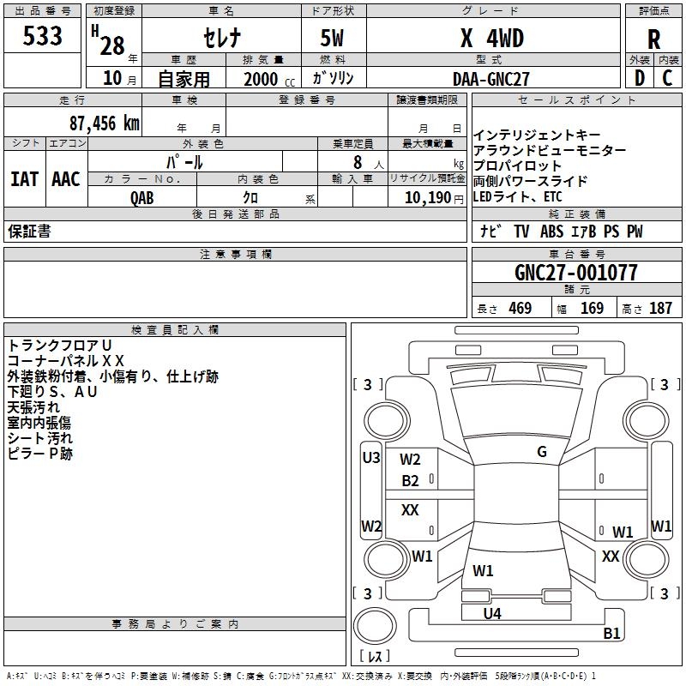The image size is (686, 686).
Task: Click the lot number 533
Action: pyautogui.click(x=43, y=37)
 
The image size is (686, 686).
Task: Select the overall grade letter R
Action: pyautogui.click(x=654, y=39)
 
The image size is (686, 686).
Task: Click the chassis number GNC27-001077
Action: pyautogui.click(x=575, y=273)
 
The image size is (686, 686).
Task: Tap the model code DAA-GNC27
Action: pyautogui.click(x=491, y=79)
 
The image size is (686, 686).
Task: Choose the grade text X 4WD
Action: pyautogui.click(x=491, y=39)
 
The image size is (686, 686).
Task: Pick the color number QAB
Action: pyautogui.click(x=142, y=198)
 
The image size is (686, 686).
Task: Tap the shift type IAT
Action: pyautogui.click(x=24, y=179)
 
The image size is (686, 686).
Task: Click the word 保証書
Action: pyautogui.click(x=29, y=232)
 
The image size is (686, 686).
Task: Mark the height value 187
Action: pyautogui.click(x=660, y=309)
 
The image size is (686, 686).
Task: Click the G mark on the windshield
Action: pyautogui.click(x=541, y=452)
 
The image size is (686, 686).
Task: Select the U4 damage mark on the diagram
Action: pyautogui.click(x=491, y=613)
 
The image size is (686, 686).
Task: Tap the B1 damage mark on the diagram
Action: pyautogui.click(x=611, y=634)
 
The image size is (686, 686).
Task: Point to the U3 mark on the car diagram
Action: pyautogui.click(x=370, y=458)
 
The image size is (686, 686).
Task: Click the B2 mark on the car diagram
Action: pyautogui.click(x=410, y=481)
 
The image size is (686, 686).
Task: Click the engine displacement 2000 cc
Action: pyautogui.click(x=266, y=79)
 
